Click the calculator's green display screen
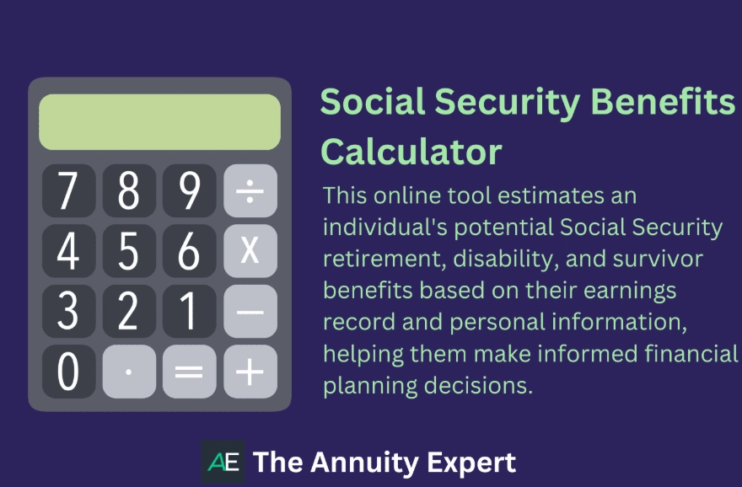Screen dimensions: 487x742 pos(159,122)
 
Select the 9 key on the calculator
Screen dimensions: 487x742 pos(190,190)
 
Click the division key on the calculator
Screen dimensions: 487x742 pos(250,190)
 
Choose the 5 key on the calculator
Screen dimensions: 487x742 pos(129,250)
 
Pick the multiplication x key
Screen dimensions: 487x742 pos(250,250)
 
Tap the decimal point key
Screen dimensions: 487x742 pos(129,372)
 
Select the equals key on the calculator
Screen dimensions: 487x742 pos(190,372)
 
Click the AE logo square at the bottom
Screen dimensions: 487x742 pos(223,461)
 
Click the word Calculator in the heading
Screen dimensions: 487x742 pos(411,153)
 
